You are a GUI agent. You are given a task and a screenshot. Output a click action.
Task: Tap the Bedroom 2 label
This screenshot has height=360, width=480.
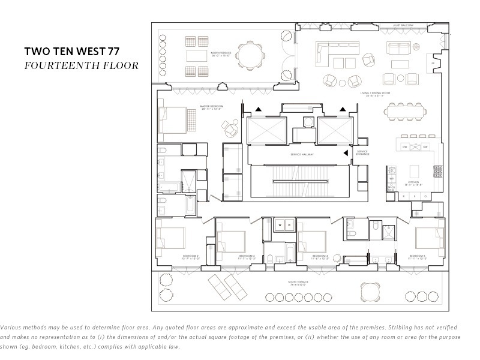tap(191, 256)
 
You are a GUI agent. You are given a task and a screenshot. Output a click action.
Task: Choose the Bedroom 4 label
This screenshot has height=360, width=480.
tap(319, 256)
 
